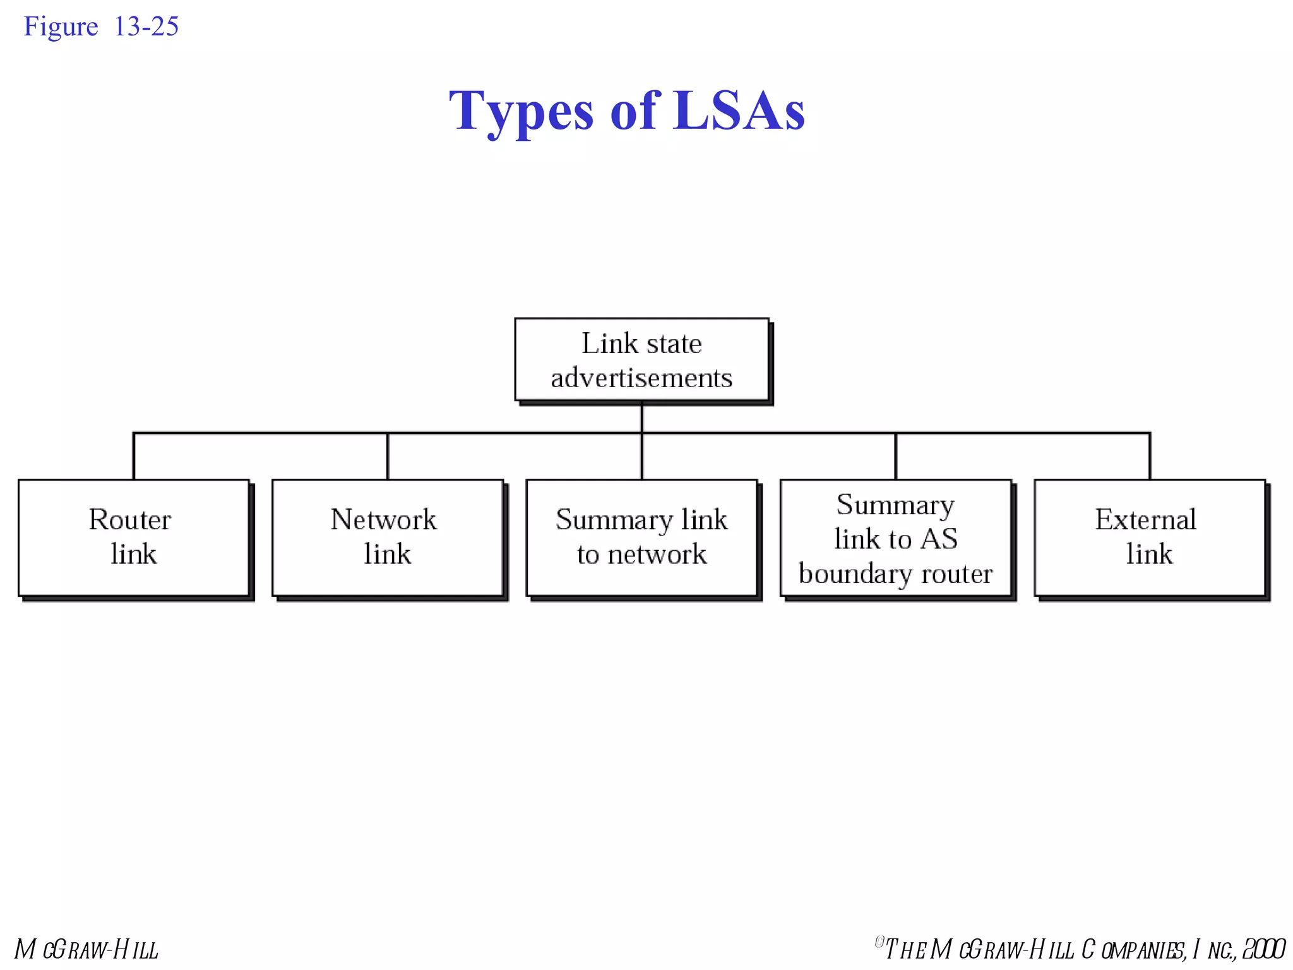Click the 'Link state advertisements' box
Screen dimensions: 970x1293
(x=641, y=359)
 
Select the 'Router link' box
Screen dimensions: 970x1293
(x=133, y=537)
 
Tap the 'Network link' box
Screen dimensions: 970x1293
(x=387, y=537)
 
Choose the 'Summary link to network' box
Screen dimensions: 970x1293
(x=641, y=537)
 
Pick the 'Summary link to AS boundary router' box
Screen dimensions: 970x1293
(x=895, y=537)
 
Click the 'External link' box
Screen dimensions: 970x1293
(x=1149, y=537)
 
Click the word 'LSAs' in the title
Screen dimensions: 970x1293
(x=739, y=111)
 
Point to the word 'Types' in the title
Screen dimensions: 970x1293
(x=521, y=112)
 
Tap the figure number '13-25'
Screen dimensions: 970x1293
(x=146, y=27)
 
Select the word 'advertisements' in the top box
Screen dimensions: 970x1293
(x=641, y=378)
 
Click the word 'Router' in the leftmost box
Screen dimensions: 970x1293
(x=130, y=520)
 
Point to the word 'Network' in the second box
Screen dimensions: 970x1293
(x=383, y=520)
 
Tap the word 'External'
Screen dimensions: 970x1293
(x=1145, y=520)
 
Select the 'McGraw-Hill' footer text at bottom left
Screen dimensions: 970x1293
(x=86, y=950)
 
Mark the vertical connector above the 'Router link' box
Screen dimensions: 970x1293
(x=134, y=456)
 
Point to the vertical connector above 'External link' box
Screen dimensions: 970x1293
(x=1150, y=456)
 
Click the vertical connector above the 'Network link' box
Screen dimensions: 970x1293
(x=388, y=456)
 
